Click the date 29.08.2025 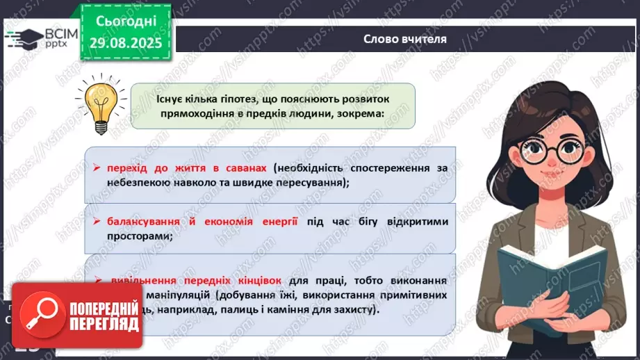tap(125, 42)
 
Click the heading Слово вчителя tap(405, 39)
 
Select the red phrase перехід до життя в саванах tap(188, 168)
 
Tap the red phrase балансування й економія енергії tap(202, 222)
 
